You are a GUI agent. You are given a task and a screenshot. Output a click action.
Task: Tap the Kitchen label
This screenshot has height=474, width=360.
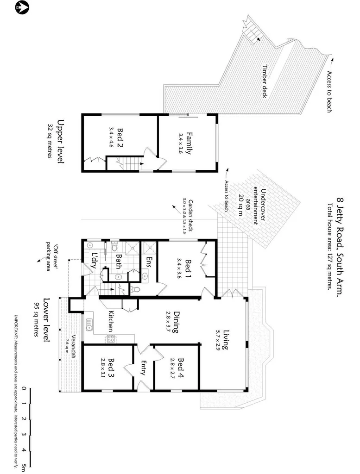(112, 320)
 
